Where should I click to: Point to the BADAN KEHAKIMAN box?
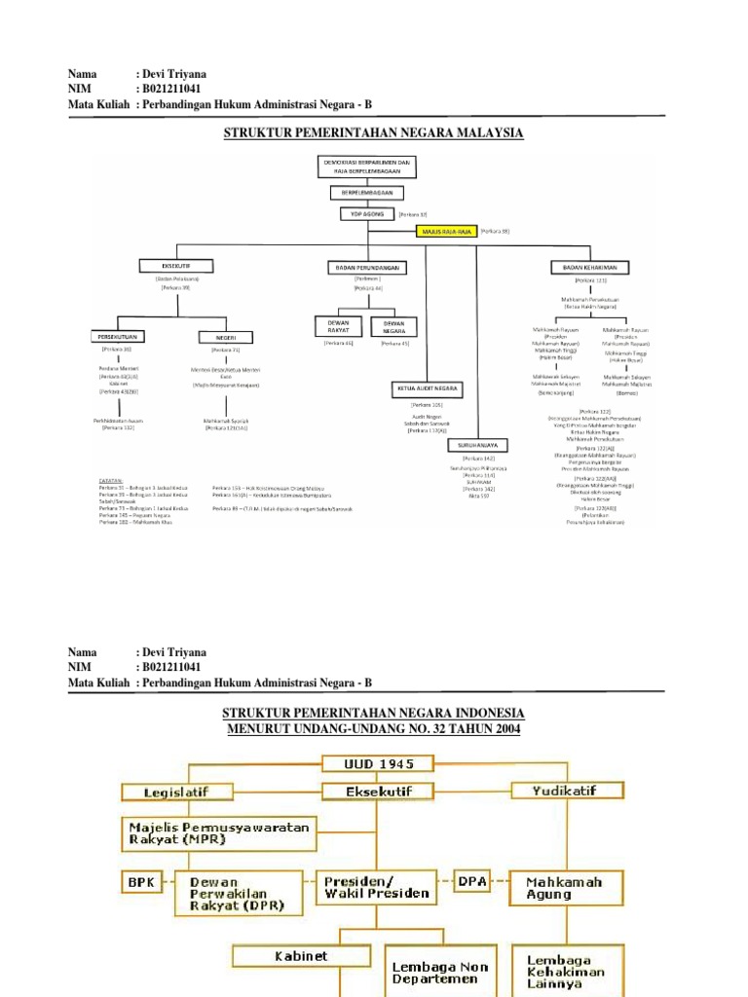click(x=590, y=267)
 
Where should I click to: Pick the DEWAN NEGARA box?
click(x=394, y=326)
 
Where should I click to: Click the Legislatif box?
click(x=175, y=790)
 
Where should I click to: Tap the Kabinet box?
click(x=298, y=957)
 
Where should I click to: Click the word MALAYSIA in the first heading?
click(x=482, y=132)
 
